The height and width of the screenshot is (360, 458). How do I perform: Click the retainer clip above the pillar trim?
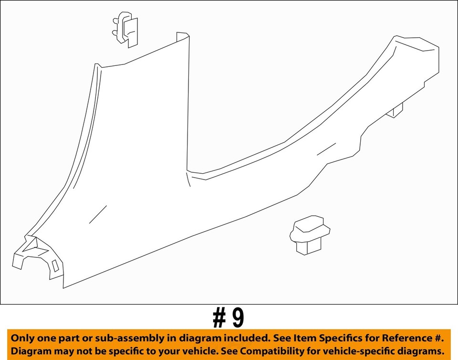pyautogui.click(x=125, y=29)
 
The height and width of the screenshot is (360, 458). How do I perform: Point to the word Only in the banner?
pyautogui.click(x=22, y=338)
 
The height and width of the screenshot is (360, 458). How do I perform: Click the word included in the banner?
pyautogui.click(x=239, y=338)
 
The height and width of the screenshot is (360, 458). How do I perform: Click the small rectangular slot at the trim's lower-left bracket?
pyautogui.click(x=55, y=265)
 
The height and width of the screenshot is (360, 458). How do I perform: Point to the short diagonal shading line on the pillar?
pyautogui.click(x=98, y=214)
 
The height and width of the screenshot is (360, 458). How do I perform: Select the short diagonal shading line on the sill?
pyautogui.click(x=326, y=148)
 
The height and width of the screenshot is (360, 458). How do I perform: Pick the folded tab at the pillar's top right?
pyautogui.click(x=182, y=36)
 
